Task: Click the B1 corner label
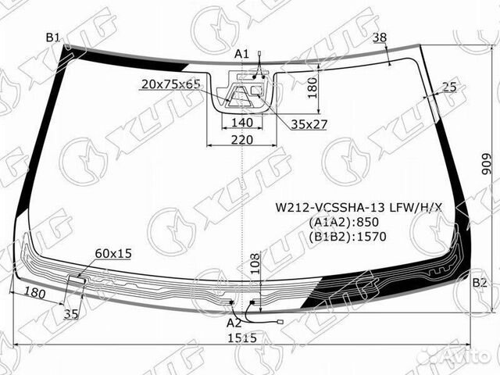tap(53, 37)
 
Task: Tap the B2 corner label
tap(480, 282)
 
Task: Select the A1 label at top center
tap(241, 53)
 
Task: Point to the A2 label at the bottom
tap(234, 322)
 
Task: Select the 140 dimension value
tap(241, 122)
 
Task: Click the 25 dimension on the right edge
tap(448, 87)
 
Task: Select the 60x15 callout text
tap(113, 253)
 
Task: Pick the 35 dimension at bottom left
tap(71, 314)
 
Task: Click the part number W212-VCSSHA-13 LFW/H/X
tap(357, 208)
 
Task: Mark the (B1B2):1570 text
tap(341, 235)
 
